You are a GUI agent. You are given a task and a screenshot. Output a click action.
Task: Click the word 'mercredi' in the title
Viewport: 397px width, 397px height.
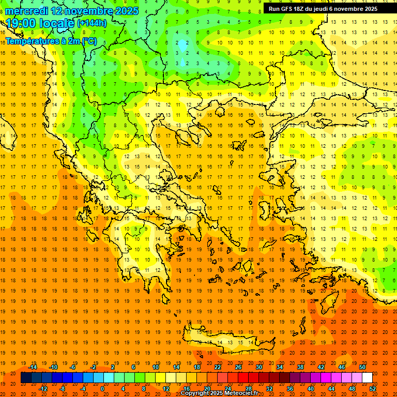tap(26, 11)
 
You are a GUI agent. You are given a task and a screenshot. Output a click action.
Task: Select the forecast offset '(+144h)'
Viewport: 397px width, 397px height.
tap(91, 23)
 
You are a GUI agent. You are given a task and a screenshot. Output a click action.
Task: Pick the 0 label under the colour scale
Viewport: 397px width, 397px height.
tap(102, 389)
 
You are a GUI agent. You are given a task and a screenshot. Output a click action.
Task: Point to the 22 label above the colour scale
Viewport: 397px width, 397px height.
tap(218, 367)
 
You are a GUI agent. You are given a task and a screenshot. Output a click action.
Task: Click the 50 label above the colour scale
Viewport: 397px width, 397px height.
tap(362, 367)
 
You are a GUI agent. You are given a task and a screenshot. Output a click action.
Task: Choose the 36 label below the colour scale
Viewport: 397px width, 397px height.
tap(290, 389)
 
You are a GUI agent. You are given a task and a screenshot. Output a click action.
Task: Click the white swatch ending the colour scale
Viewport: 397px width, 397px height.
tap(367, 378)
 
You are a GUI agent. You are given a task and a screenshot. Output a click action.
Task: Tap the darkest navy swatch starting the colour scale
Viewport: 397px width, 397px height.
tap(26, 378)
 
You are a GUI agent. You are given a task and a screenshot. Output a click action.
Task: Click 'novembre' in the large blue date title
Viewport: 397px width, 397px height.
tap(89, 11)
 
